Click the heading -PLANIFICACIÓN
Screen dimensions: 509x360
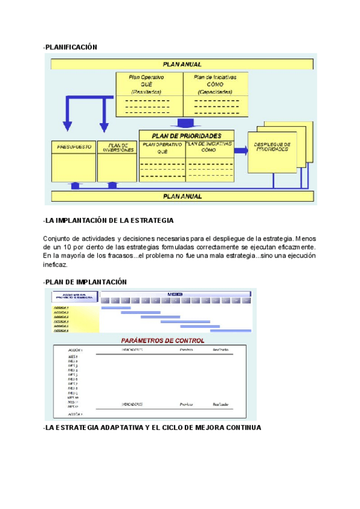pos(70,47)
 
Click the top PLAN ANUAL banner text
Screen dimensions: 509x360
pos(182,64)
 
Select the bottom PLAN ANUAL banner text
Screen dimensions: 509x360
pos(182,196)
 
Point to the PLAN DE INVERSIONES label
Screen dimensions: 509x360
pos(118,147)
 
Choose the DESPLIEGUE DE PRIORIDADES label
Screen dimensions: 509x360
pos(272,146)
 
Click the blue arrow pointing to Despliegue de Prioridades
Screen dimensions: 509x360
pos(239,151)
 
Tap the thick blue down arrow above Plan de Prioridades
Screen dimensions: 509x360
pos(181,122)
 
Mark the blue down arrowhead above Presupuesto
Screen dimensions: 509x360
pos(67,127)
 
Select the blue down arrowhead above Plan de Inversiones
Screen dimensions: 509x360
pos(104,127)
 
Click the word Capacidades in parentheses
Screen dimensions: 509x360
pos(215,92)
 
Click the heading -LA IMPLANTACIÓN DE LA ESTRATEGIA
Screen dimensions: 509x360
pos(109,221)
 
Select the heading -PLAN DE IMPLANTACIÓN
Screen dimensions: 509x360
pos(85,282)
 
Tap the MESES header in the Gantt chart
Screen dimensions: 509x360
pos(175,294)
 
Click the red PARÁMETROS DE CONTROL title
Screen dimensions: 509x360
pos(163,340)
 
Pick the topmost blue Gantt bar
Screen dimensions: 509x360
pos(116,308)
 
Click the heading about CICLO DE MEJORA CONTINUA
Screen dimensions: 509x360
pos(152,428)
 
